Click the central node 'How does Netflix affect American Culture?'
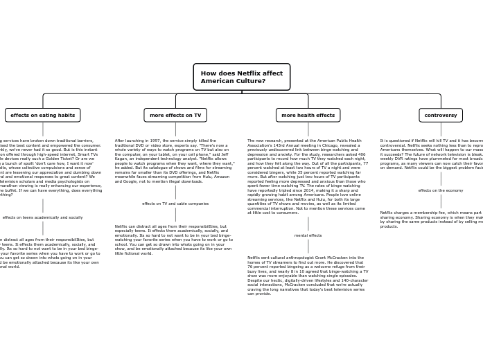[241, 77]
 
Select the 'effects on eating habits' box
[43, 115]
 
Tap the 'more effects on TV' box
[175, 115]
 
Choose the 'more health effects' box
[308, 115]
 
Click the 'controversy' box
[441, 115]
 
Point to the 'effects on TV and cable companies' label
[175, 204]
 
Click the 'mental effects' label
[308, 235]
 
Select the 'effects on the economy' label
[441, 190]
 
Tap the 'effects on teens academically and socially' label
[43, 217]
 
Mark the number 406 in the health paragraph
[360, 154]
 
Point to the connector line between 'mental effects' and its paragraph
[308, 246]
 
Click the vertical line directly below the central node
[241, 92]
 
